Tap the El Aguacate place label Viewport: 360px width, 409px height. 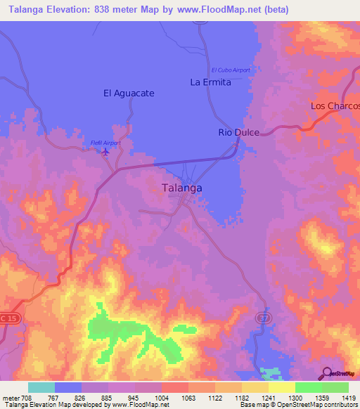tap(129, 93)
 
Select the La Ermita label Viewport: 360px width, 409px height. tap(211, 82)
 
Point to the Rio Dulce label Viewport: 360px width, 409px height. tap(239, 132)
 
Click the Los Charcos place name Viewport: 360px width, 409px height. tap(335, 106)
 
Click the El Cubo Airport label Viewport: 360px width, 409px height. tap(231, 70)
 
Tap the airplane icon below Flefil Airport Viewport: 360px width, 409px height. tap(106, 152)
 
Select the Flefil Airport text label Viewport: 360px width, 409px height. tap(105, 143)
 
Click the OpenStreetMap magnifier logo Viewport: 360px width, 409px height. tap(327, 372)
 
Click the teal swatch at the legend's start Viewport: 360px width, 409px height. tap(41, 387)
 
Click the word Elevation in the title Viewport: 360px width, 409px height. tap(73, 10)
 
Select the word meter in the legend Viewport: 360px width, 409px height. tap(10, 397)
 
